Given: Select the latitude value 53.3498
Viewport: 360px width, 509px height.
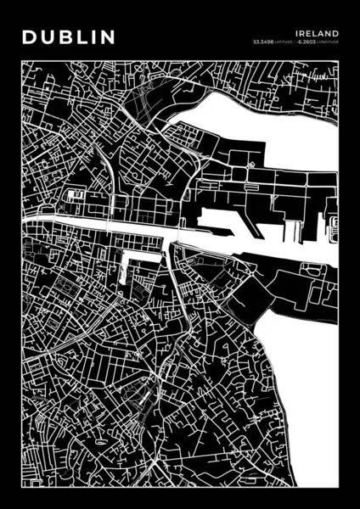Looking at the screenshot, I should [x=264, y=40].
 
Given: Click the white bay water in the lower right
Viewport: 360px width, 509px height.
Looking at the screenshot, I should [x=310, y=382].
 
